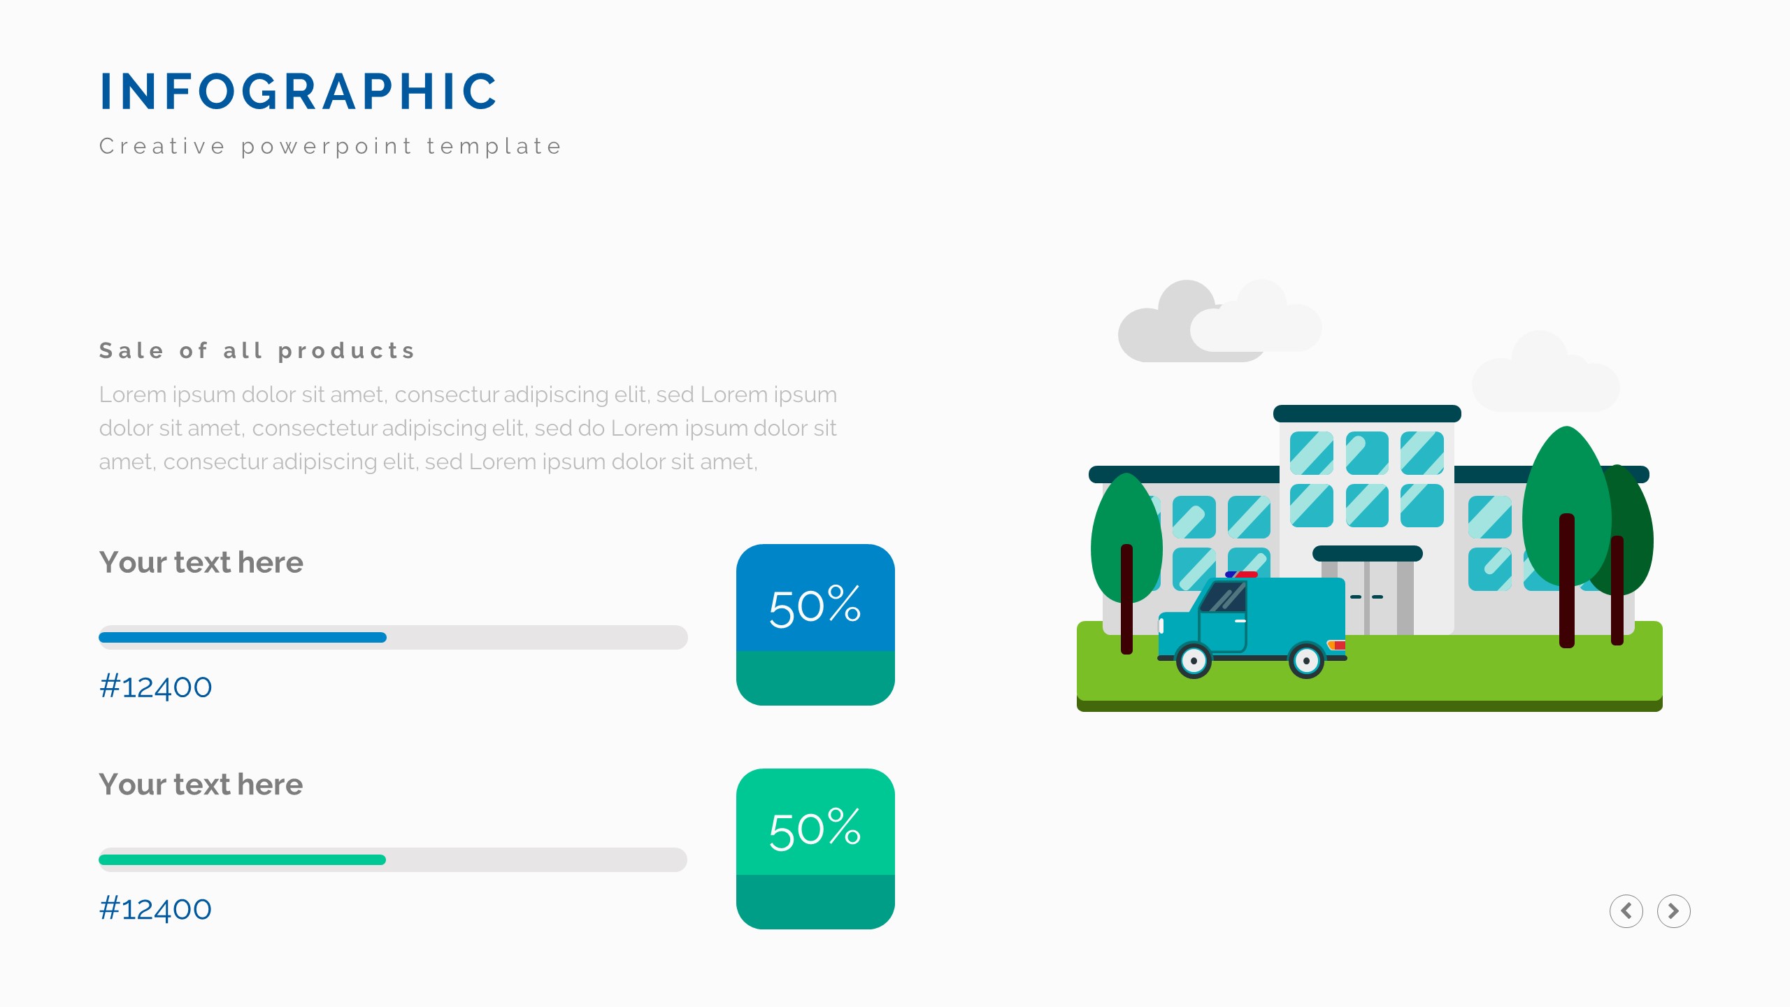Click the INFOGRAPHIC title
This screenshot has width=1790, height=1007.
coord(299,92)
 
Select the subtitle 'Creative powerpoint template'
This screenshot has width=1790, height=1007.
coord(331,146)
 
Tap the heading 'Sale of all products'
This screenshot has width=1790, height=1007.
coord(257,350)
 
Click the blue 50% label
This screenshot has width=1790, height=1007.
coord(815,606)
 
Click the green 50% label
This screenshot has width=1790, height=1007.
coord(815,829)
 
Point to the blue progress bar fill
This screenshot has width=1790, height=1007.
coord(243,637)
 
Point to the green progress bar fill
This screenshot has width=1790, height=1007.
coord(243,859)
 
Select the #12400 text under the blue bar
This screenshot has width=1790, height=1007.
coord(155,687)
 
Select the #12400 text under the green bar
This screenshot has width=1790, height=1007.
coord(155,909)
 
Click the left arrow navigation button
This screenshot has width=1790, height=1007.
coord(1626,911)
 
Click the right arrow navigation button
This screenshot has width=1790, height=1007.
coord(1673,911)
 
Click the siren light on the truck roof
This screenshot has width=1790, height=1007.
coord(1241,575)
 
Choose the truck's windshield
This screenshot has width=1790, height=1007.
coord(1223,597)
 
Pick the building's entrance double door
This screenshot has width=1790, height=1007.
coord(1367,598)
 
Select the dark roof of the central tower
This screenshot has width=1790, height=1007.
coord(1367,413)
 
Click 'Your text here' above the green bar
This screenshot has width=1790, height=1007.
coord(201,785)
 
